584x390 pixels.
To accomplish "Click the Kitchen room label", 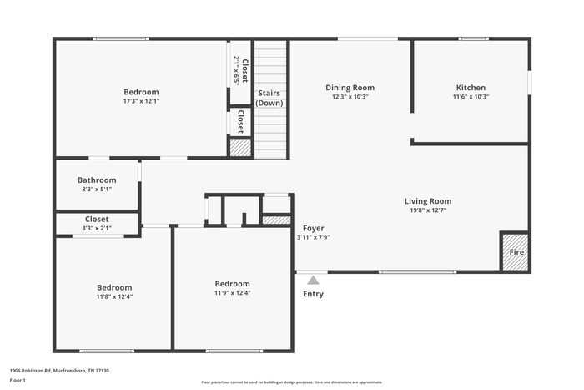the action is click(x=471, y=88).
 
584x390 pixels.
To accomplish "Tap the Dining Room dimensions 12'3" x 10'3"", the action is click(x=350, y=97).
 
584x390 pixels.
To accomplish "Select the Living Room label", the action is click(x=428, y=201).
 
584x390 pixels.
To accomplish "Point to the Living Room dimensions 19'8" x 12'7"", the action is click(x=428, y=210).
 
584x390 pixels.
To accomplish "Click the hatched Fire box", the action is click(x=516, y=252).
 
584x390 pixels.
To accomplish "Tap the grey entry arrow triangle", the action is click(x=313, y=280).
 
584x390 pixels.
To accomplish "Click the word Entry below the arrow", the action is click(x=313, y=294).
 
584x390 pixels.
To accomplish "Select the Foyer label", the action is click(x=313, y=228).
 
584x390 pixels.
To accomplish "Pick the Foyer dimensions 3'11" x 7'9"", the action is click(x=313, y=237).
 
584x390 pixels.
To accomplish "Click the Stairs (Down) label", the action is click(x=269, y=98).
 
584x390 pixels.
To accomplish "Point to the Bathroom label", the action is click(x=97, y=180).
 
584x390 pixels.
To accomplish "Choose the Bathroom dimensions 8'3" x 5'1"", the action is click(x=97, y=189).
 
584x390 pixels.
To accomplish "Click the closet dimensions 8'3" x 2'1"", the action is click(x=97, y=228).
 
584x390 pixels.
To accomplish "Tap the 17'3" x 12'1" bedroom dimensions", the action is click(x=142, y=101).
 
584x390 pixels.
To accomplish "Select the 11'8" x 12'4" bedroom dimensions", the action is click(x=115, y=296).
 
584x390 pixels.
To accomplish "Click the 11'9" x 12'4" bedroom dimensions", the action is click(x=233, y=293).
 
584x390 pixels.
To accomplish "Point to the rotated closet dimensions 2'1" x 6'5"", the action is click(x=236, y=71).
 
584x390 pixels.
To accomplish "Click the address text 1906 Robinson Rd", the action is click(x=31, y=371).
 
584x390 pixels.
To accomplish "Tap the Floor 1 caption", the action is click(x=18, y=380).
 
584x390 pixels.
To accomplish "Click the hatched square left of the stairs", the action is click(x=240, y=148).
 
